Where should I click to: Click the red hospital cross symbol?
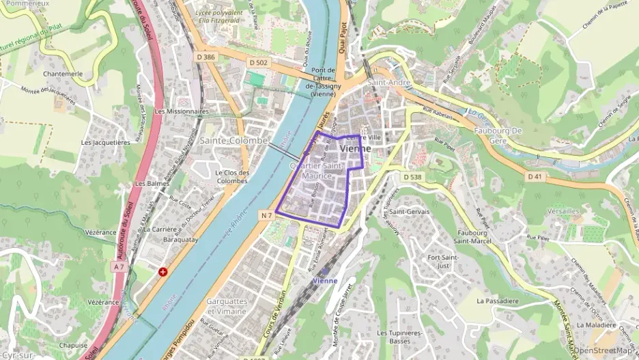(x=162, y=272)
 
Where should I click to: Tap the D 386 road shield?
(x=205, y=57)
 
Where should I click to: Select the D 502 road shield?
(x=258, y=62)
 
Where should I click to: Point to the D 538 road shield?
(x=412, y=177)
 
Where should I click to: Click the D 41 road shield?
(x=535, y=176)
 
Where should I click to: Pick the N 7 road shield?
(x=266, y=215)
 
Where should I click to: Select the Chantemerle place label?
(x=63, y=73)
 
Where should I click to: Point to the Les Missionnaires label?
(x=181, y=111)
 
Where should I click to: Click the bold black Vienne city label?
(x=355, y=148)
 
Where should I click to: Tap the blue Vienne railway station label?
(x=324, y=281)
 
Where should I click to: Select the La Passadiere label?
(x=498, y=300)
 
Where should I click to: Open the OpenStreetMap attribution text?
(x=602, y=350)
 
